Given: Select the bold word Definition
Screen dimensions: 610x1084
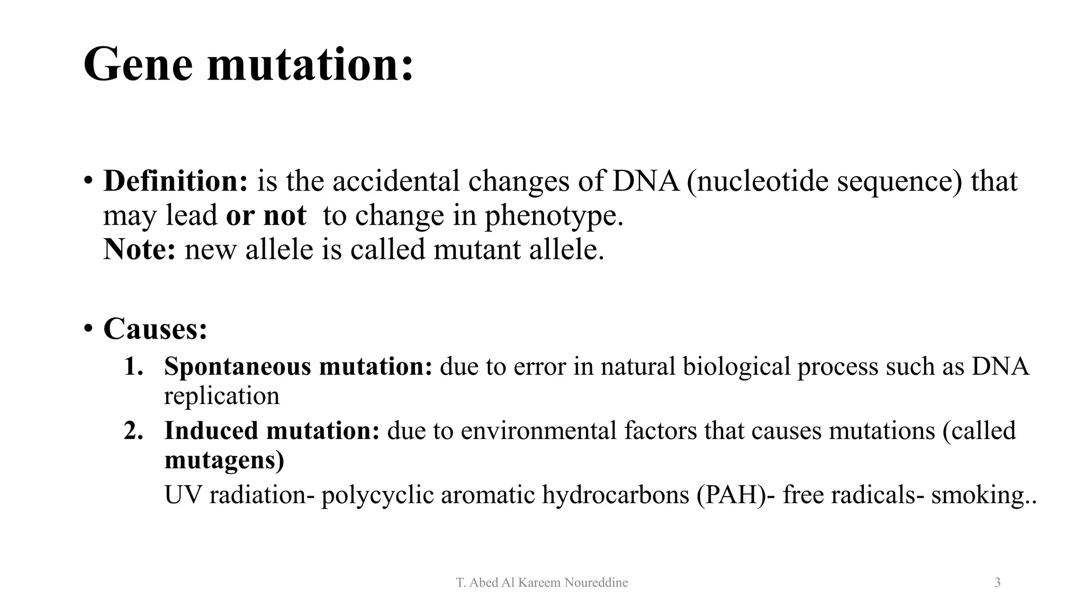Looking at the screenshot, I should pyautogui.click(x=175, y=181).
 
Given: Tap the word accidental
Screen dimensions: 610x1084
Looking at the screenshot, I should pyautogui.click(x=395, y=181).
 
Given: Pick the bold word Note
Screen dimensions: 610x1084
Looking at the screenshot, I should pyautogui.click(x=139, y=249).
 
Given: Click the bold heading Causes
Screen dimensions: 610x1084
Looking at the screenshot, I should pyautogui.click(x=155, y=329).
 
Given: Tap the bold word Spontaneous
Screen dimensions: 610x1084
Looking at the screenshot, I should pyautogui.click(x=237, y=366).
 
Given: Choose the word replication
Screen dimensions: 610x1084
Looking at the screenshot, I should pyautogui.click(x=221, y=396).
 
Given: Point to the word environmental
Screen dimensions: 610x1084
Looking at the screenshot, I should pyautogui.click(x=538, y=430).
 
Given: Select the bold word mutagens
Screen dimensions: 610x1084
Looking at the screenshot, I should pyautogui.click(x=224, y=460).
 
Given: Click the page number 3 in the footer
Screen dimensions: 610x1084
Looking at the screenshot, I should pyautogui.click(x=997, y=583).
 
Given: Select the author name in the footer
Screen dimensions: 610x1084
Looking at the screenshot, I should pyautogui.click(x=542, y=583).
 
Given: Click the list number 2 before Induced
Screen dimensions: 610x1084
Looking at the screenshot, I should pyautogui.click(x=133, y=430).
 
